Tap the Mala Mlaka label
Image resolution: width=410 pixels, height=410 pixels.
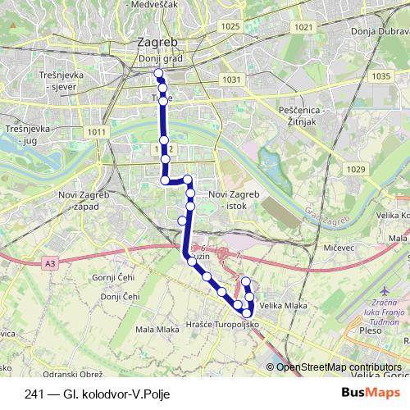click(x=157, y=329)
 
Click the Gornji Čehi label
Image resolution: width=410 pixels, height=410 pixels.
click(x=113, y=277)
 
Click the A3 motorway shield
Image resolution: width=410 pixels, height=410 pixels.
click(x=51, y=263)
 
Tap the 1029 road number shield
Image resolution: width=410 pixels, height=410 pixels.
click(x=355, y=169)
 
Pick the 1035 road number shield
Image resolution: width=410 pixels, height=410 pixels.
click(x=380, y=76)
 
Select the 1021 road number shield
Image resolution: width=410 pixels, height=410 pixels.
click(x=303, y=27)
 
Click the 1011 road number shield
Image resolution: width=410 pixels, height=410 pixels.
click(x=96, y=132)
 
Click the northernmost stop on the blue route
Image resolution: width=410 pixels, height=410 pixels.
click(x=158, y=74)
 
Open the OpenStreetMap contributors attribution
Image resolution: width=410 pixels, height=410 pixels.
click(x=339, y=367)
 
